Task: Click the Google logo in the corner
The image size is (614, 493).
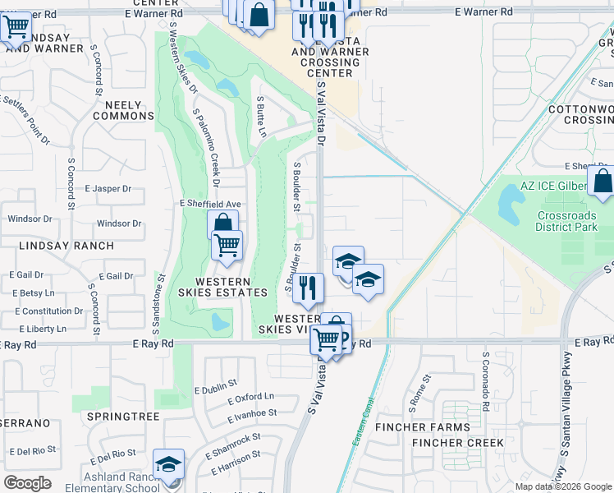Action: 27,483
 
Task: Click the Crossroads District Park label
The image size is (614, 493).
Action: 566,221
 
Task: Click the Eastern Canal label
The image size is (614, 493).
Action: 364,431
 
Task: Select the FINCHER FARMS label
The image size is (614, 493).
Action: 423,427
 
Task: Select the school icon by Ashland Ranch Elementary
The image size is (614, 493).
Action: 169,465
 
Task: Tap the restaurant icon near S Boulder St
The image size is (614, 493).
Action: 308,288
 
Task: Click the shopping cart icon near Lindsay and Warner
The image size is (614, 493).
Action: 16,27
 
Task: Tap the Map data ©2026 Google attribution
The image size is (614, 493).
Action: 563,486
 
